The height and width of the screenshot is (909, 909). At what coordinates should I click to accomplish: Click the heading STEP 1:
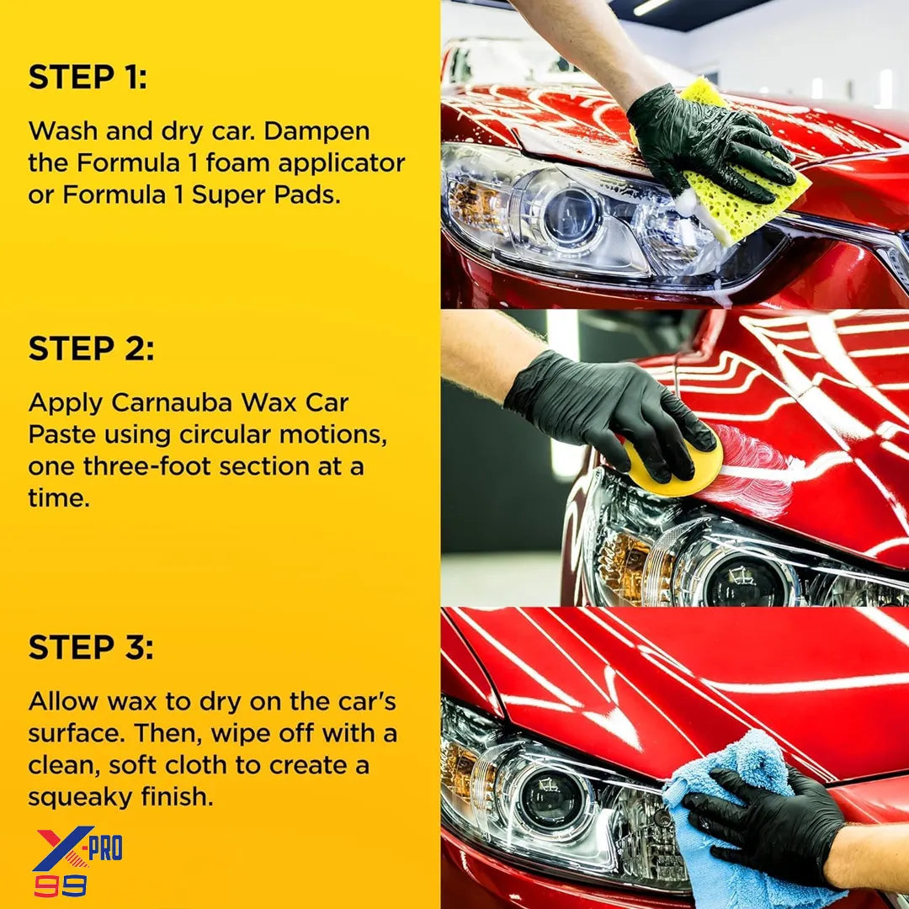pos(88,77)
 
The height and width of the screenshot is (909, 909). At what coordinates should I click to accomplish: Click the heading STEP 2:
pos(92,349)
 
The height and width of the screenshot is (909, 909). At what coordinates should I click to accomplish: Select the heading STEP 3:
pos(91,648)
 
